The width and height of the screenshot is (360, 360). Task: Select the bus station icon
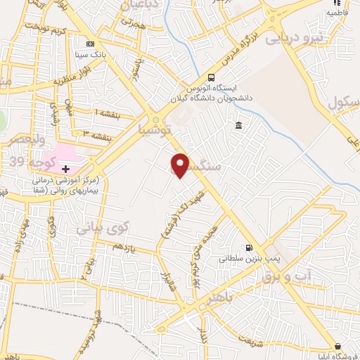click(212, 78)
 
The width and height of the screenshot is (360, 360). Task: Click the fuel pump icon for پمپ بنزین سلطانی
click(248, 247)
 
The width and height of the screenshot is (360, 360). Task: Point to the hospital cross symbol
click(66, 169)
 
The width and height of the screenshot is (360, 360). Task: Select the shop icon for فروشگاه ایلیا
click(338, 346)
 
